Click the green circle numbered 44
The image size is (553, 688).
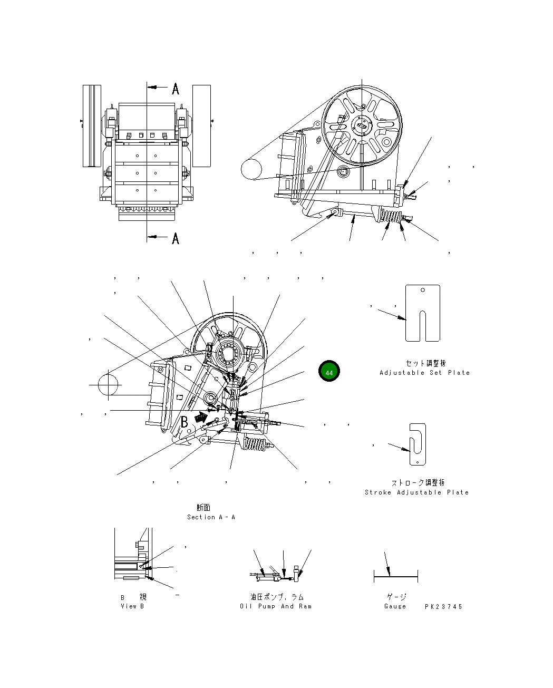329,372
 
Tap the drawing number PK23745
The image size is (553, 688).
443,607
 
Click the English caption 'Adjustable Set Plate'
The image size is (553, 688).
424,373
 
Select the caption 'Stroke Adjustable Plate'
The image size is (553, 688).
416,492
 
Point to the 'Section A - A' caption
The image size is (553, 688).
211,517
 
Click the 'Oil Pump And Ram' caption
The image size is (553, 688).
276,606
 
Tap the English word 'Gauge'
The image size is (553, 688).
395,606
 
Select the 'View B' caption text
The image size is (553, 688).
132,606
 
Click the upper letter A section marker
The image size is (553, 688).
176,89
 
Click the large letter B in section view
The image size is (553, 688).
185,422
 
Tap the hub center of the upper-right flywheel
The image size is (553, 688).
362,125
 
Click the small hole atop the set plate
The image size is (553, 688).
422,290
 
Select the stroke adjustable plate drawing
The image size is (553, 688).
418,444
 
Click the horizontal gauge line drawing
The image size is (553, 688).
395,577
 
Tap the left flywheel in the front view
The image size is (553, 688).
92,125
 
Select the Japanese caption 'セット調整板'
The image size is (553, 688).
425,363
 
